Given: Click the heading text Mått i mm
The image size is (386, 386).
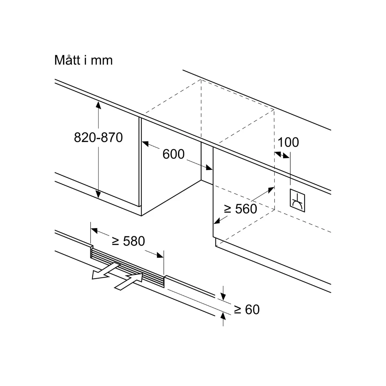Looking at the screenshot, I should [83, 60].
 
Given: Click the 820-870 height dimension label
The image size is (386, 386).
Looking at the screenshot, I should [98, 138].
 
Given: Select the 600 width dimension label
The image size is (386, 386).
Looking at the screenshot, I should [173, 154].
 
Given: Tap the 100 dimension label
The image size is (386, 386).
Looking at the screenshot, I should [288, 142].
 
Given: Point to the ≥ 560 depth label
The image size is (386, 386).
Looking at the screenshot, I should [241, 209].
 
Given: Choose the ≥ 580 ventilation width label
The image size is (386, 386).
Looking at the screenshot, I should [128, 241].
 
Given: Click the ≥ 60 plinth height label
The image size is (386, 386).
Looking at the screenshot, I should [246, 310].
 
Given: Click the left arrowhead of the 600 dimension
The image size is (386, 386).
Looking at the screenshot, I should [144, 144].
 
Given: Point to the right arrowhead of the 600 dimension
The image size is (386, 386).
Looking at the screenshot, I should [209, 168].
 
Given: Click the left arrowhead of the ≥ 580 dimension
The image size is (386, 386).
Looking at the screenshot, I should [94, 230].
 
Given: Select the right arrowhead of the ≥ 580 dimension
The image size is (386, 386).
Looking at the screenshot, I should [161, 255].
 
